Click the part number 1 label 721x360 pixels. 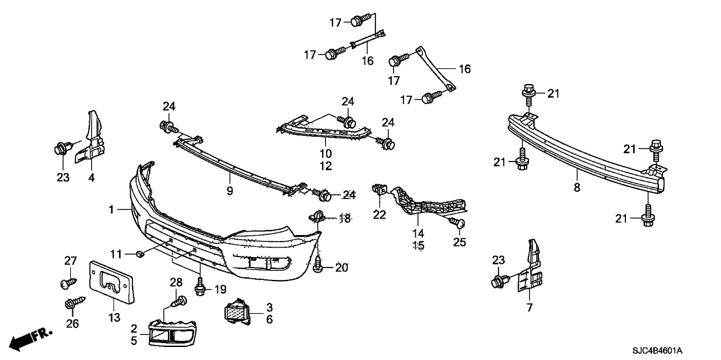tap(112, 210)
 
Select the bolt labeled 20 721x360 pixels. tap(319, 266)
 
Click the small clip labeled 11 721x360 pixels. tap(141, 253)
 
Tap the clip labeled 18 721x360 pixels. tap(318, 217)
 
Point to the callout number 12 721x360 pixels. tap(325, 166)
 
